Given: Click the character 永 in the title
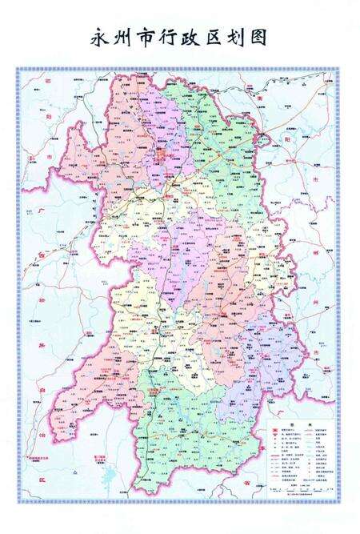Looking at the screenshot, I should [101, 37].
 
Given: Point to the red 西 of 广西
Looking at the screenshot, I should [38, 252].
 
